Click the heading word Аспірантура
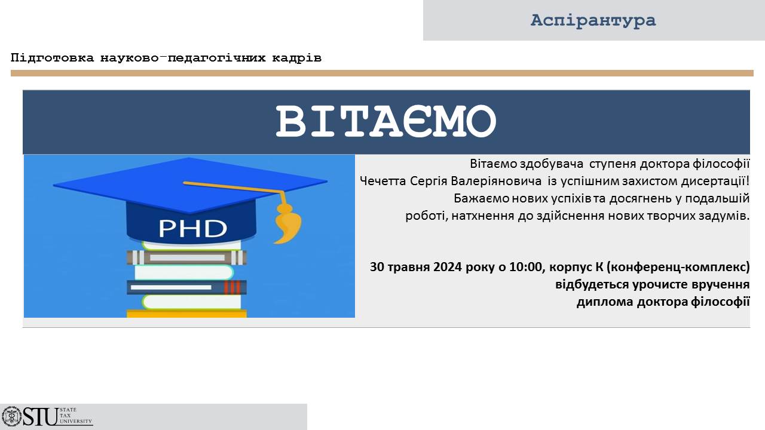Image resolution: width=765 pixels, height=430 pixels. tap(593, 20)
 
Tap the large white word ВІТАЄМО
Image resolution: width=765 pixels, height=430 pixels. tap(386, 121)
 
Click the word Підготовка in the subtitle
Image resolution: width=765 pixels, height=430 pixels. tap(52, 58)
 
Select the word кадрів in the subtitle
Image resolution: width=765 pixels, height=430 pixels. tap(297, 58)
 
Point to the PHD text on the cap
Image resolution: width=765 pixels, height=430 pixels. tap(192, 228)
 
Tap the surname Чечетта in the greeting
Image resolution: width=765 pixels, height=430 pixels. tap(383, 181)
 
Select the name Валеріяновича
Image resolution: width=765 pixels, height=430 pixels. tap(496, 181)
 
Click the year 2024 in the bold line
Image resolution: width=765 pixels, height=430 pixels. tap(448, 266)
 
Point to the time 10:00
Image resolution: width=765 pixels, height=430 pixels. tap(525, 266)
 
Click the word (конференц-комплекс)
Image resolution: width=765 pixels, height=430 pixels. tap(678, 267)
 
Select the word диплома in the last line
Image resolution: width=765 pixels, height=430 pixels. tap(605, 302)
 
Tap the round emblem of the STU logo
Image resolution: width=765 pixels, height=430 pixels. tap(11, 417)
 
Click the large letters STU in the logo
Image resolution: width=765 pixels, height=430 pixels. tap(41, 417)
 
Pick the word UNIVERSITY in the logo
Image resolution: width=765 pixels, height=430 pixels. tap(76, 421)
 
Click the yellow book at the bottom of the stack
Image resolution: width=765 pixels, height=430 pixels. tap(186, 314)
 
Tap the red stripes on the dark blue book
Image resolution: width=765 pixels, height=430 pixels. tap(232, 287)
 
